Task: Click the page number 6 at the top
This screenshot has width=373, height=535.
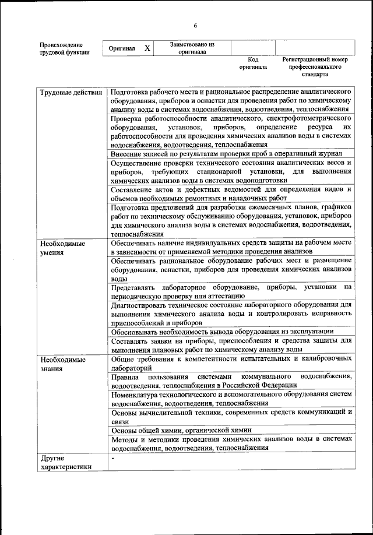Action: [x=195, y=25]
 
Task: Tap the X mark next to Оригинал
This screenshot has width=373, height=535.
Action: [x=147, y=48]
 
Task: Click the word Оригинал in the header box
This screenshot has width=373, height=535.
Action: [x=122, y=49]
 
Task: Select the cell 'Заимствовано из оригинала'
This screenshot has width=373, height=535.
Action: [x=192, y=48]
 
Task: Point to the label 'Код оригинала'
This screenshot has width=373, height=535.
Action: [x=253, y=64]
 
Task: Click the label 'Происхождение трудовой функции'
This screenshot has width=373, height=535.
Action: [x=65, y=48]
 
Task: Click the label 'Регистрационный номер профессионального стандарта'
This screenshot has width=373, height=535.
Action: [x=315, y=67]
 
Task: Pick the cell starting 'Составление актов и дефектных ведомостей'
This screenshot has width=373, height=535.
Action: [x=231, y=193]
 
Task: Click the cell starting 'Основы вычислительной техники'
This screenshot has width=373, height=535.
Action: [x=231, y=416]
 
